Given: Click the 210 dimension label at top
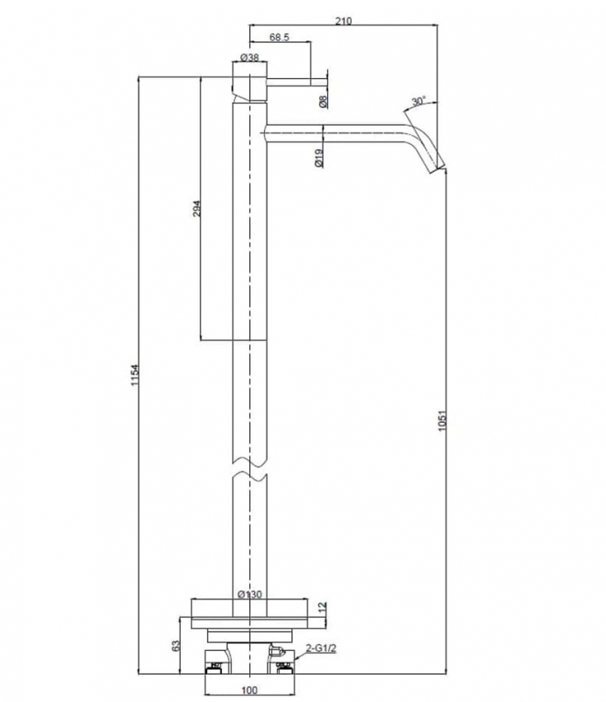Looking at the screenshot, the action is (x=343, y=20).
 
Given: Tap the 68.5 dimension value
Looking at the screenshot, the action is (x=279, y=37).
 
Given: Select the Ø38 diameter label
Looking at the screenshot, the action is (x=249, y=57).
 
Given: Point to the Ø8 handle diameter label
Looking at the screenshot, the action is (x=324, y=101).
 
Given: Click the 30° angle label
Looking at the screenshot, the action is (x=418, y=101).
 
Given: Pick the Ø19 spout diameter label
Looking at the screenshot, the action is (x=318, y=158).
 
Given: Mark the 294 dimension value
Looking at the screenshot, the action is (x=196, y=209).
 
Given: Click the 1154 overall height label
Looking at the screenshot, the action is (x=135, y=376).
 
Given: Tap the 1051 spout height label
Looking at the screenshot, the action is (x=442, y=420).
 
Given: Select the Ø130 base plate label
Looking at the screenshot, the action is (x=250, y=595).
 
